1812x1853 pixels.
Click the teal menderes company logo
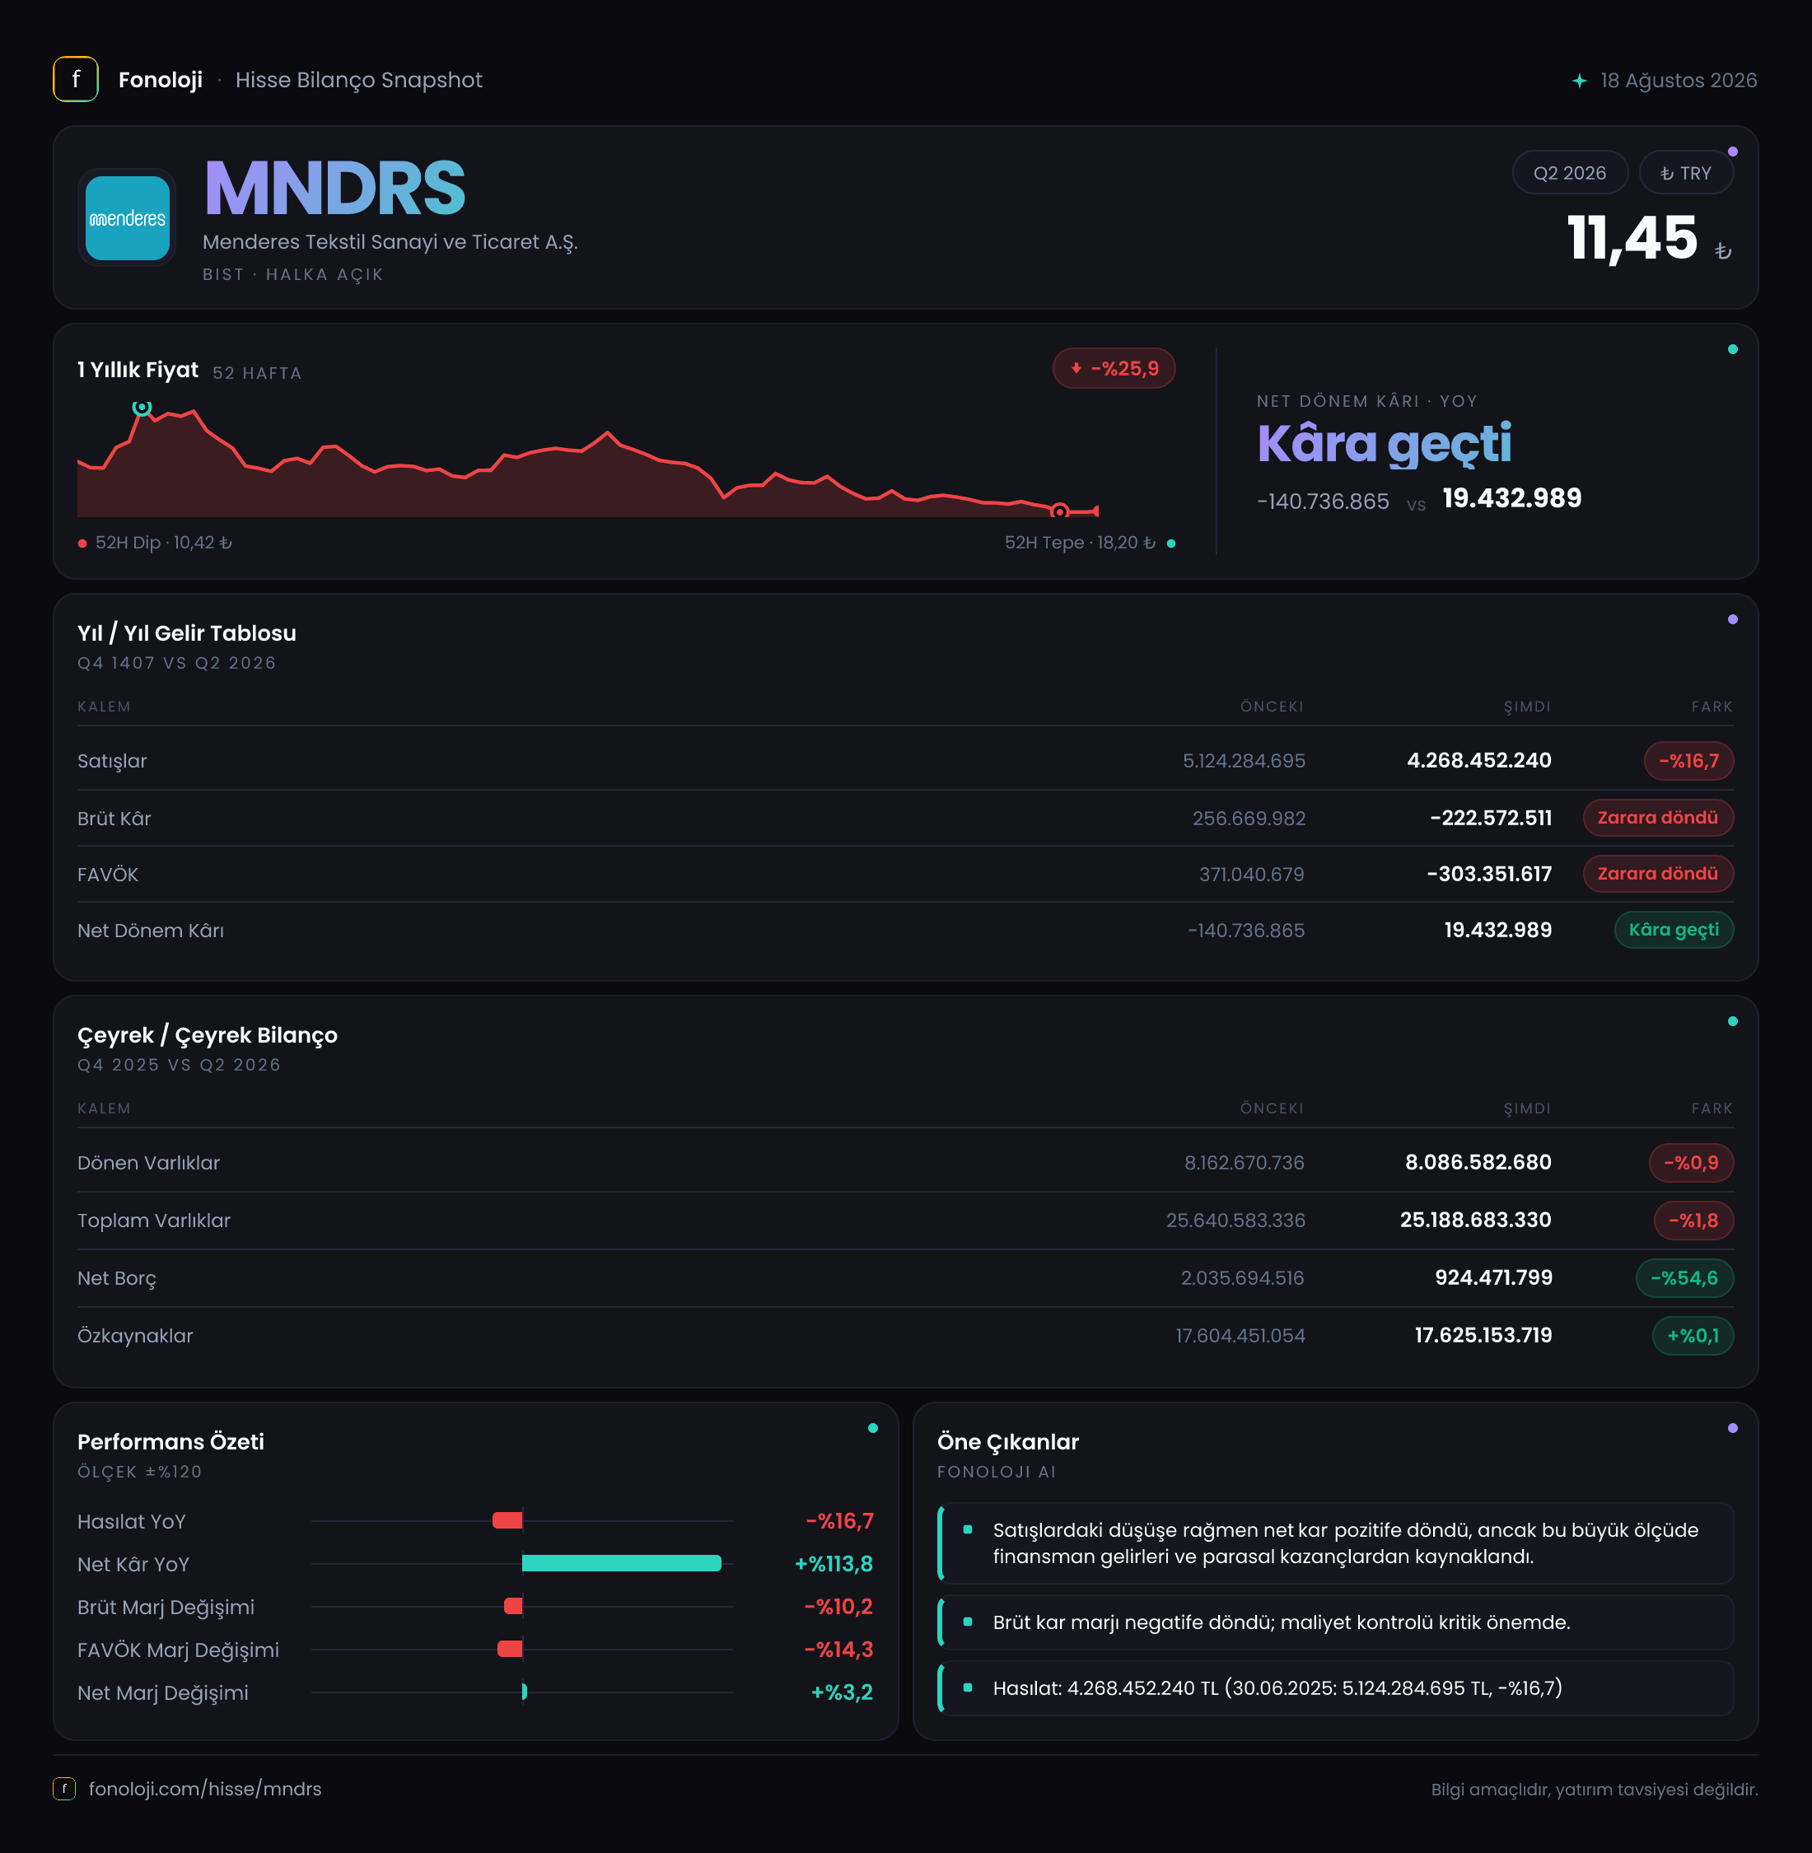pos(128,218)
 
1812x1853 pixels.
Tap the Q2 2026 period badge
pos(1569,173)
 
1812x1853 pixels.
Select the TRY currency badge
pos(1685,173)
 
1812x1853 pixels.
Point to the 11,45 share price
pos(1632,238)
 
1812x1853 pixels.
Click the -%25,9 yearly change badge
pos(1114,368)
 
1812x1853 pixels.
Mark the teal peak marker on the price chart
pos(142,408)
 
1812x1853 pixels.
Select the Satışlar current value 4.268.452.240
pos(1479,760)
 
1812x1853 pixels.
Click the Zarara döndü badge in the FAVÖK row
pos(1658,874)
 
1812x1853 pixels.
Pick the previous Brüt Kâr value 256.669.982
pos(1249,819)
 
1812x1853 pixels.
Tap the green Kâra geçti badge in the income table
pos(1674,930)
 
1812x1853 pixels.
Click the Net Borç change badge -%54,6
pos(1684,1278)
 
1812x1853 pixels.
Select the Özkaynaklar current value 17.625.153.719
pos(1483,1335)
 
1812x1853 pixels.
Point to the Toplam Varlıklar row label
pos(154,1221)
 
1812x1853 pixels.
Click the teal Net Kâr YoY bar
pos(622,1563)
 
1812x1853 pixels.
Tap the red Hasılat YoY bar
pos(507,1520)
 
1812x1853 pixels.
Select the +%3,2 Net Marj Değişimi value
pos(841,1692)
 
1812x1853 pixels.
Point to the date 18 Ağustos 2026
pos(1678,80)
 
